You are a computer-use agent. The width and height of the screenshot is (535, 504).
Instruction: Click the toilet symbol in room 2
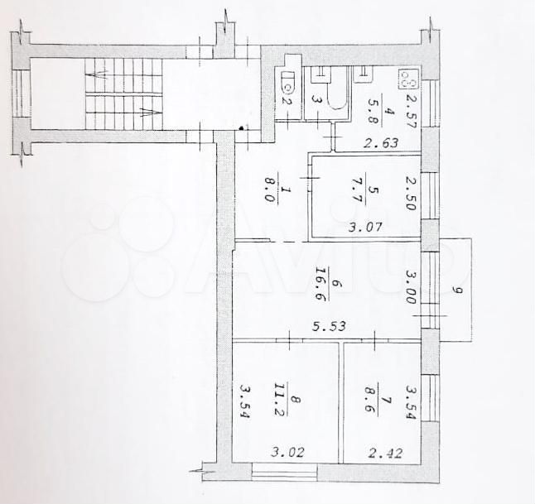pyautogui.click(x=289, y=83)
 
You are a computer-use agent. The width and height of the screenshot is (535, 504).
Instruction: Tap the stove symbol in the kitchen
pyautogui.click(x=408, y=79)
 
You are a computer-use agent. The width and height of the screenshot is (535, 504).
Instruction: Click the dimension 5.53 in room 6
pyautogui.click(x=330, y=326)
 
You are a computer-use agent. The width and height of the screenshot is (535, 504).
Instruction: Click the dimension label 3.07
pyautogui.click(x=364, y=227)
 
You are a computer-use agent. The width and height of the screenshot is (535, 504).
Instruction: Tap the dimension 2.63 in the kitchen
pyautogui.click(x=380, y=142)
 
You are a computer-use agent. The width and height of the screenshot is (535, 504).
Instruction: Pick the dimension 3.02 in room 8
pyautogui.click(x=287, y=453)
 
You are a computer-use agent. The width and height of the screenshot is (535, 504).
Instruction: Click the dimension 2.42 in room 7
pyautogui.click(x=386, y=454)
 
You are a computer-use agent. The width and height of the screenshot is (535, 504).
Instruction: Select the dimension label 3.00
pyautogui.click(x=411, y=287)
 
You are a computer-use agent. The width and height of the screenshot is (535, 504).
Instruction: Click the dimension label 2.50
pyautogui.click(x=411, y=193)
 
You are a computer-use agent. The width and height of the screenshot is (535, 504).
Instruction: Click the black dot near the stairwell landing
pyautogui.click(x=242, y=128)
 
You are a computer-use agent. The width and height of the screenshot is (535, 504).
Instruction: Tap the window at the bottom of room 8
pyautogui.click(x=285, y=473)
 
